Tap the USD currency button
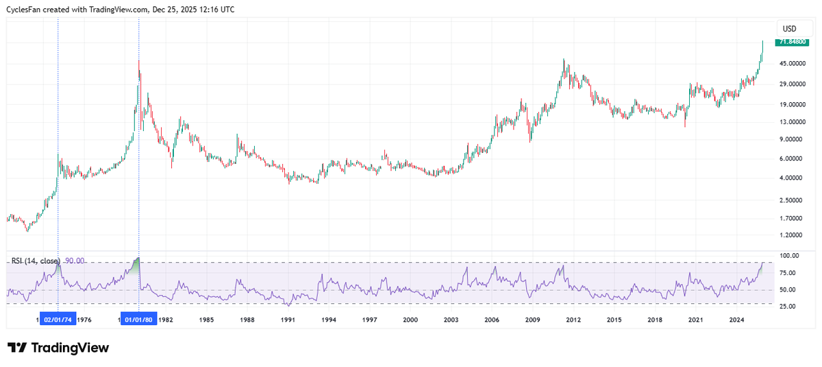789,28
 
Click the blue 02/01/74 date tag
58,320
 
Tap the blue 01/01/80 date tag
139,320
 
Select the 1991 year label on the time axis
288,320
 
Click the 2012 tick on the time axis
573,320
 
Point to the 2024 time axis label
736,320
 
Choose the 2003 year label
451,320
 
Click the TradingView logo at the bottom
58,348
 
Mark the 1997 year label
369,320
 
